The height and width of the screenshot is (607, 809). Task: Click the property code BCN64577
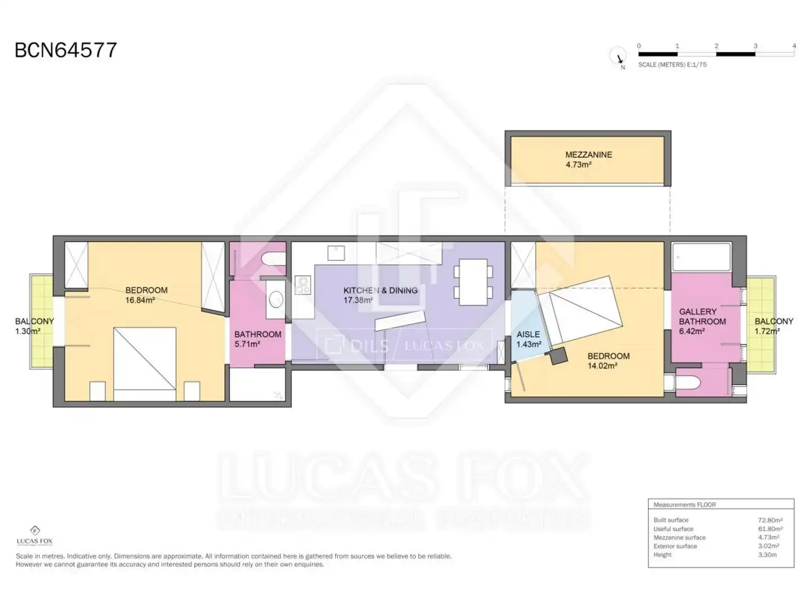pos(66,50)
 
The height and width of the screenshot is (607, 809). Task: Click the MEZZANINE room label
pos(589,155)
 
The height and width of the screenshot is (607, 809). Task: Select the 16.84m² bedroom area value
pos(140,300)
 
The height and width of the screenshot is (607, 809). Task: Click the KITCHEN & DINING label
pos(380,291)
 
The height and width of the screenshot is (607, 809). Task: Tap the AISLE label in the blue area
pos(528,334)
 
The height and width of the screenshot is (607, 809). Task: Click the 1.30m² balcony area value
pos(28,332)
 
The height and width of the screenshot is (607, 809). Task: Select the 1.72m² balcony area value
pos(767,332)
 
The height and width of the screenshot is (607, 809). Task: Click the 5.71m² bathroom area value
pos(247,344)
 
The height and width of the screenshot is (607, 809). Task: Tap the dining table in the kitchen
pos(473,282)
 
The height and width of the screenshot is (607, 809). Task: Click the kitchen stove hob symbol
pos(303,285)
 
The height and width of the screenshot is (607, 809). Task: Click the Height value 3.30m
pos(767,555)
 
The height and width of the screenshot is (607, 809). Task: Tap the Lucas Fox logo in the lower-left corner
pos(35,536)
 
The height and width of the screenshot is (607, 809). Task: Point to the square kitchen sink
pos(336,253)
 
